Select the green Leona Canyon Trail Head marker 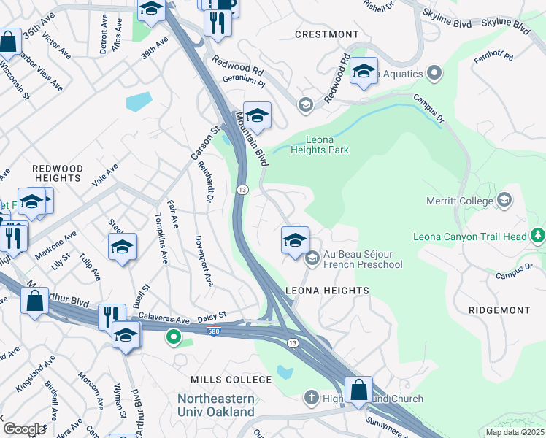[538, 235]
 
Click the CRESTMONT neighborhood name [327, 34]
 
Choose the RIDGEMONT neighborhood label [499, 310]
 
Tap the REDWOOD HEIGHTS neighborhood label [57, 173]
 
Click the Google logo [24, 429]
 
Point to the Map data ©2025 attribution [515, 432]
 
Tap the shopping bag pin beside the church [358, 391]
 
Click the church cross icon [311, 399]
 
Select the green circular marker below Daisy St [173, 337]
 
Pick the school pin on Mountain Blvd [257, 116]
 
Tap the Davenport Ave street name [204, 260]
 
